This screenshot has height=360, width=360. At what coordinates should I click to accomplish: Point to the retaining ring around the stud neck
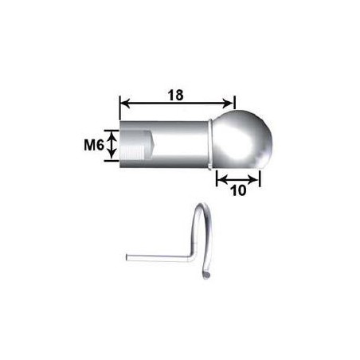[209, 144]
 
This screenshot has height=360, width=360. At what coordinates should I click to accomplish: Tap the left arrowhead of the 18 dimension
[123, 102]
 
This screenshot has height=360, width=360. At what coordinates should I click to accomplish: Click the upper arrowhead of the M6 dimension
[112, 135]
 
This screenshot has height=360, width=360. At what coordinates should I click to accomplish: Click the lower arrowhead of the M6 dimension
[112, 158]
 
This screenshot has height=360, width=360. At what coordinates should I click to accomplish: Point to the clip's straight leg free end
[129, 256]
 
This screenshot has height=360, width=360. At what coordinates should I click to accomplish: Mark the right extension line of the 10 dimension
[260, 177]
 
